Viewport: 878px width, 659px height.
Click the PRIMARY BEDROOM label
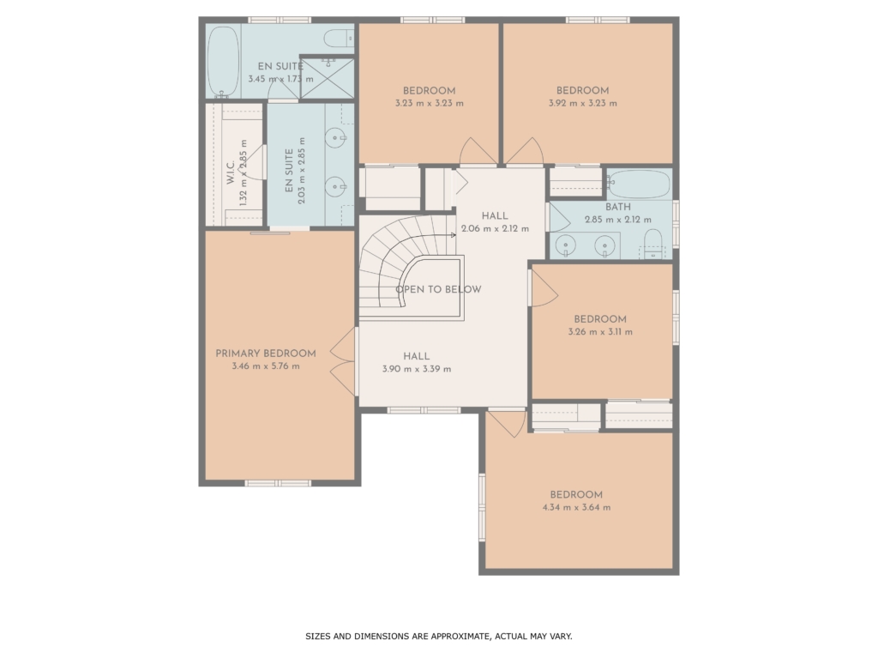point(266,354)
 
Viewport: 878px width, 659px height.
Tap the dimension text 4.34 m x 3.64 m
point(576,508)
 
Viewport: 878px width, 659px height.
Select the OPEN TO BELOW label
point(438,290)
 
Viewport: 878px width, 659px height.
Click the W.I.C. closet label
point(230,172)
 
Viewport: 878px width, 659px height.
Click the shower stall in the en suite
point(328,78)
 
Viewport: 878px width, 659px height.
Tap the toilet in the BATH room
point(652,245)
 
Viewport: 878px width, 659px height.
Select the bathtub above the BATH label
point(639,184)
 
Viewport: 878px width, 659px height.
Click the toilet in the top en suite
point(339,38)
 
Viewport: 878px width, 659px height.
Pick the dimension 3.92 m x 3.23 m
point(583,103)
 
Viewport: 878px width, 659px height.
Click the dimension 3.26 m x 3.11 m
point(600,332)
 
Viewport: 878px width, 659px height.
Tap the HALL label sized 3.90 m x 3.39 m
point(417,356)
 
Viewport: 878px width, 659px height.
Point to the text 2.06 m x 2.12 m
point(495,228)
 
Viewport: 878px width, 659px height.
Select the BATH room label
point(618,207)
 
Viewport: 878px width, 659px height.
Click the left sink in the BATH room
point(566,245)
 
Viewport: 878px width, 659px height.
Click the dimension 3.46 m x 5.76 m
point(266,366)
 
